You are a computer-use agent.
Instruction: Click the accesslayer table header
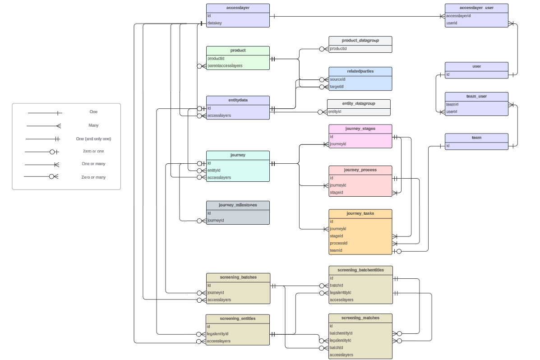(238, 8)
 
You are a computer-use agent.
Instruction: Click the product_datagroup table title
(360, 40)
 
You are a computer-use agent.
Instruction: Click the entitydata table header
(238, 100)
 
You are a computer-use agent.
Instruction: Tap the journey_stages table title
(360, 129)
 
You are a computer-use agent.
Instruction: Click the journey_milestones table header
(238, 205)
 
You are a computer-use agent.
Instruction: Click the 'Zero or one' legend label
(93, 152)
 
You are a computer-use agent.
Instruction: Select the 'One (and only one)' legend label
(93, 139)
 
